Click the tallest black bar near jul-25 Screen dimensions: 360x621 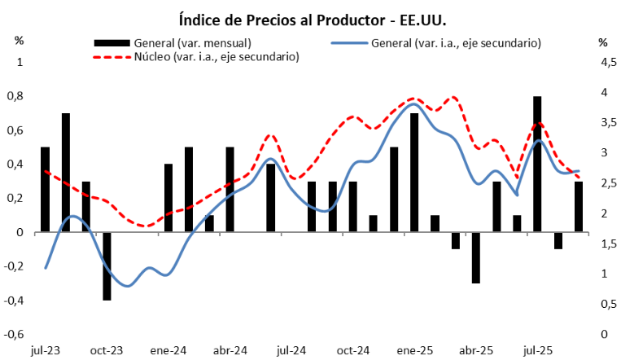[x=537, y=163]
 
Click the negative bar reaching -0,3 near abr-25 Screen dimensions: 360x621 [x=475, y=257]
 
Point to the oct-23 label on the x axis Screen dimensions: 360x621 [x=107, y=351]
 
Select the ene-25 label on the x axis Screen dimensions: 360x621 [x=414, y=351]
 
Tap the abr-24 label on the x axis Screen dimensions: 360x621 [x=230, y=351]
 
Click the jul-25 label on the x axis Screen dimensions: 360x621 [x=537, y=351]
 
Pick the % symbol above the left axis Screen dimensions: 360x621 [x=20, y=41]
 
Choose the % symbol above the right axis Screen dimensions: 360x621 [x=602, y=42]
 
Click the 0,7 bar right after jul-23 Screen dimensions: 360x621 [x=66, y=172]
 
